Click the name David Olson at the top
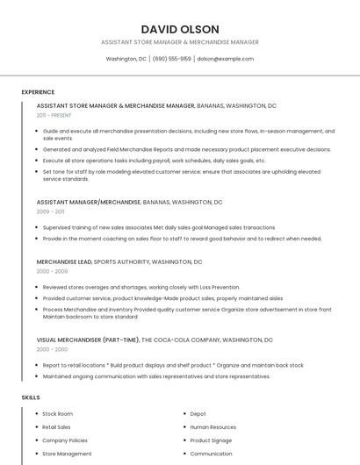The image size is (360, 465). (x=180, y=29)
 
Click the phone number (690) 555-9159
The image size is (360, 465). (x=171, y=59)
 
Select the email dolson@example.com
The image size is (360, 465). (x=225, y=59)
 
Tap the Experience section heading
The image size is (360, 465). (x=38, y=92)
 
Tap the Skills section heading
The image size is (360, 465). (x=31, y=397)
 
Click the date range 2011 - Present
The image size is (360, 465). (x=54, y=115)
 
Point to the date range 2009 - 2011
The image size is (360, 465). (x=50, y=211)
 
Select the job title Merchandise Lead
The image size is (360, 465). (x=64, y=261)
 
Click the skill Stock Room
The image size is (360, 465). (x=57, y=413)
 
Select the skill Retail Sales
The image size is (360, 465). (x=56, y=427)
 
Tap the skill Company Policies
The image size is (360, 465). (x=65, y=440)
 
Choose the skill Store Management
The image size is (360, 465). (x=67, y=454)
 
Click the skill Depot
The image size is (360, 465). (x=198, y=413)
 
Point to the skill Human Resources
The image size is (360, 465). (x=212, y=427)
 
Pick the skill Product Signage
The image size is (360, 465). (x=211, y=440)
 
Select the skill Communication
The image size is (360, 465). (x=211, y=454)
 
